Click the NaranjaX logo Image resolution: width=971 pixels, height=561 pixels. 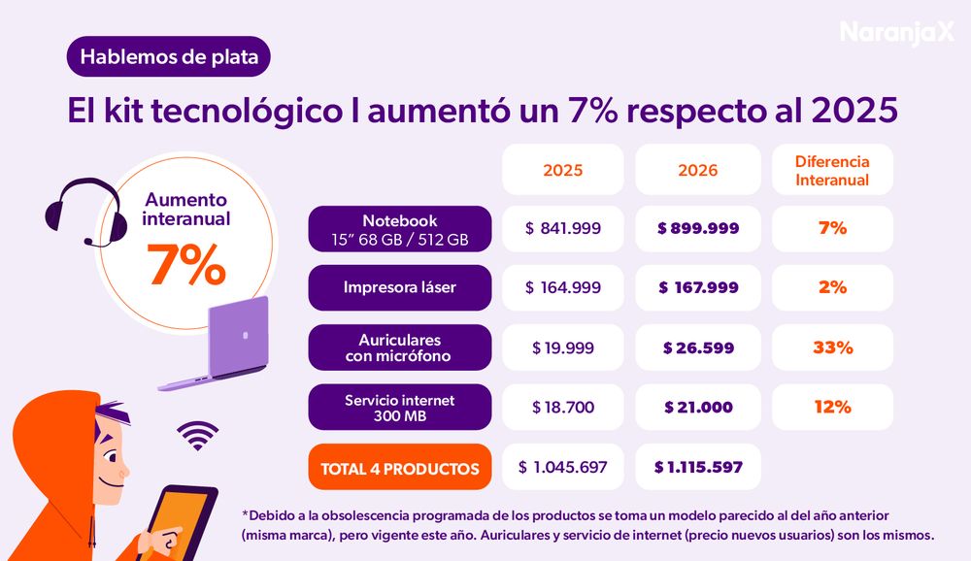tap(897, 32)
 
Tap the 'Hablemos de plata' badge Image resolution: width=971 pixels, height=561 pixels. tap(168, 57)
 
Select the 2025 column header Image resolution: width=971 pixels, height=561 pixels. tap(563, 170)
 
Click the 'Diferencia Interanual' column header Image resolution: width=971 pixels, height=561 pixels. tap(832, 170)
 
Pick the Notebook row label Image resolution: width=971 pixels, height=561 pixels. tap(400, 229)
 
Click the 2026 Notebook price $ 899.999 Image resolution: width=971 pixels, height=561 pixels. tap(698, 229)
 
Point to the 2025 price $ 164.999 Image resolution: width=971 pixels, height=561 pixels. tap(563, 287)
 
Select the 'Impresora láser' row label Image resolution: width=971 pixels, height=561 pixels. tap(400, 287)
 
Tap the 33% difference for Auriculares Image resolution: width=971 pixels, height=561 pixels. tap(832, 347)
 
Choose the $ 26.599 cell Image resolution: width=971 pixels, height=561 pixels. tap(698, 347)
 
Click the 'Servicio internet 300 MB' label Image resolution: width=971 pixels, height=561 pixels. tap(400, 407)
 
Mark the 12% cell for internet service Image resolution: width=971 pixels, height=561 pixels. tap(832, 407)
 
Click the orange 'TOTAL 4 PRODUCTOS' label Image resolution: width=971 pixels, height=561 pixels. tap(400, 468)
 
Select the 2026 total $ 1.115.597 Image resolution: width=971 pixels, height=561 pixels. tap(698, 468)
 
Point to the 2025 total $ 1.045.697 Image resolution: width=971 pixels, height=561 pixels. tap(563, 468)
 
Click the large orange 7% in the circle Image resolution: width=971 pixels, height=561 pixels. tap(186, 265)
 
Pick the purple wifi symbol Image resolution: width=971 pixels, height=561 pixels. tap(198, 437)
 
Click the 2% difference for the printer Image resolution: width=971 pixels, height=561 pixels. tap(832, 287)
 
